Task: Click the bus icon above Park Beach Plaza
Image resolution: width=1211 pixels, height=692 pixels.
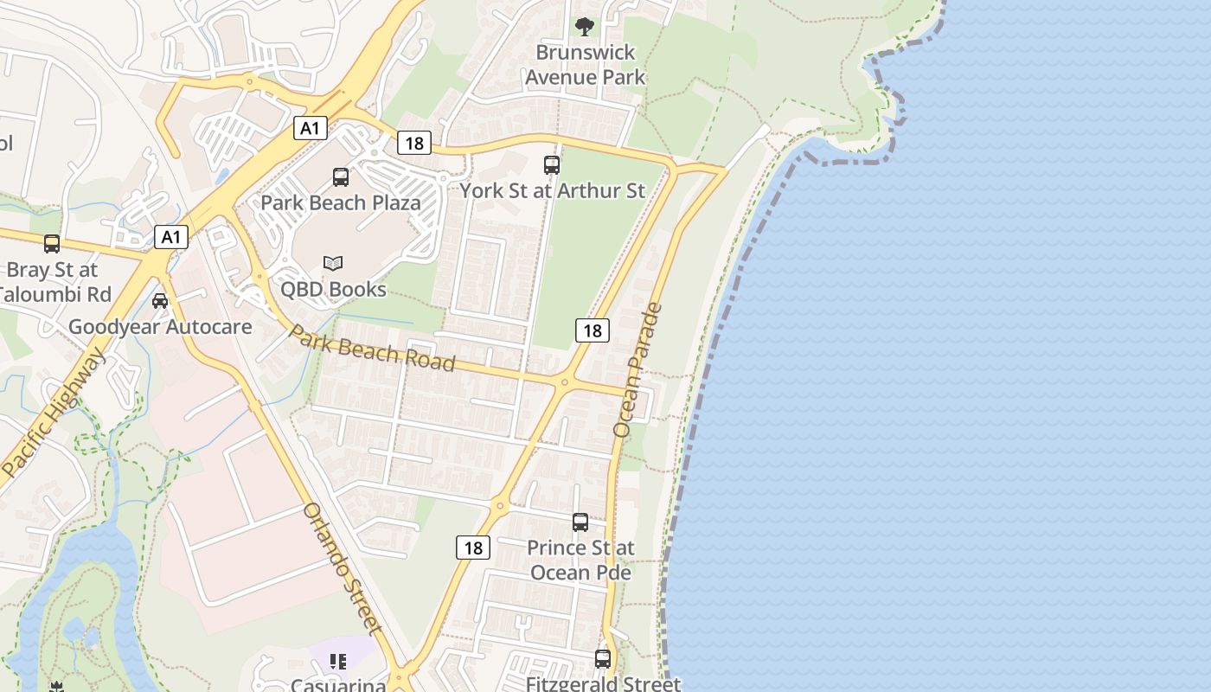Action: point(341,177)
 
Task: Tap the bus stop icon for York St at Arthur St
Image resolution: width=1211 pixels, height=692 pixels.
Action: point(552,164)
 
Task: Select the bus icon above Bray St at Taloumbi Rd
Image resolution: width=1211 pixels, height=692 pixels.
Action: point(52,244)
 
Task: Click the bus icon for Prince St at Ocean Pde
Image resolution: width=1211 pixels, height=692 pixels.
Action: point(580,522)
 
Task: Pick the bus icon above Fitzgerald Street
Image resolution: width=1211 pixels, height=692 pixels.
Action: point(603,659)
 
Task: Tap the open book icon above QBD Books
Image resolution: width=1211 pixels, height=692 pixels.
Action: point(333,263)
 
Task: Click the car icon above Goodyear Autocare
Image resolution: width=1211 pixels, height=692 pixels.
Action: point(160,301)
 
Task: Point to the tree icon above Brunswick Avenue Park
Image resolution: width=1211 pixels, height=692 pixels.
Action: point(585,27)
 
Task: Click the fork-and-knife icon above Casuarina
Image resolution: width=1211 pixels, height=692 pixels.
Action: point(338,662)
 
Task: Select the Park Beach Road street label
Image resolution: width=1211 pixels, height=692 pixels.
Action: point(371,348)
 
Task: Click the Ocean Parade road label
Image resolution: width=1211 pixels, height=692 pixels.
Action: point(638,369)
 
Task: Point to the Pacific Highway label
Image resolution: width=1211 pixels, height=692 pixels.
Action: point(54,413)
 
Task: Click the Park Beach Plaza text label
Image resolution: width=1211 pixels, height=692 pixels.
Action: point(341,203)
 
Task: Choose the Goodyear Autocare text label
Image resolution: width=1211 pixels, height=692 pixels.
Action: point(160,327)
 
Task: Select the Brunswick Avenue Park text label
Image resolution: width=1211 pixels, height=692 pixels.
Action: point(586,65)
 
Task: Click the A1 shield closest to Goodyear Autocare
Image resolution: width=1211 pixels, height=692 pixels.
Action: point(171,236)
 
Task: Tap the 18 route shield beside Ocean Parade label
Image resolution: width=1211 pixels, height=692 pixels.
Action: point(592,330)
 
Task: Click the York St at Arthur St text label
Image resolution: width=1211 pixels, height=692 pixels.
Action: point(552,190)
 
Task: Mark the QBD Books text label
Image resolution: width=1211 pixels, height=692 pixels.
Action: point(333,289)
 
